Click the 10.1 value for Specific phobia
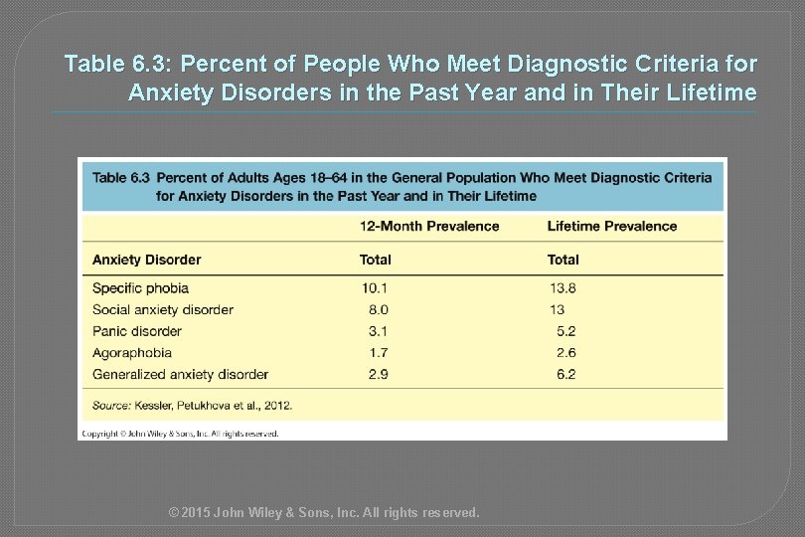[374, 288]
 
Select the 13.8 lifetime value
[563, 288]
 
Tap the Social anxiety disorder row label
[162, 310]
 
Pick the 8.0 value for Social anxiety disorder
[378, 310]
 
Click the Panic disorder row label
[137, 331]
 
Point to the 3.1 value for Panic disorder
[378, 331]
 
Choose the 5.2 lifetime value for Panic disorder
[566, 331]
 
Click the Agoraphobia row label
[132, 353]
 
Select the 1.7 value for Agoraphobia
[378, 353]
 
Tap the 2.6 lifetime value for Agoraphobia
[566, 353]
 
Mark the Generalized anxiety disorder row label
[180, 375]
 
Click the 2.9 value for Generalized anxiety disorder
[378, 375]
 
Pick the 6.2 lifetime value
[566, 375]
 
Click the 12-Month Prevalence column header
[429, 226]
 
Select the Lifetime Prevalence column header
[612, 226]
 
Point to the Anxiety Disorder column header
[146, 260]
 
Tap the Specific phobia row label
[140, 288]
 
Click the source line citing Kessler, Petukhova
[192, 405]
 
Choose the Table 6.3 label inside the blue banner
[120, 178]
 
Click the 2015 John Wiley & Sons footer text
[324, 513]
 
